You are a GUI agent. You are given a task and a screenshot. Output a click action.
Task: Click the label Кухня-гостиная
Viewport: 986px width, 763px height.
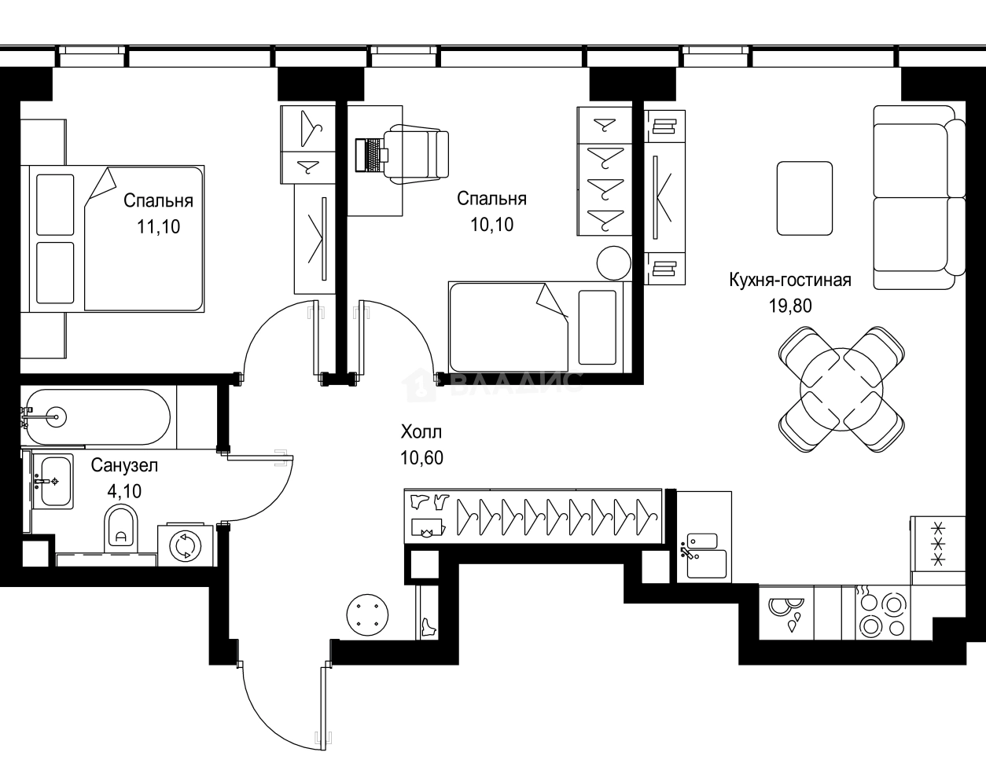[789, 281]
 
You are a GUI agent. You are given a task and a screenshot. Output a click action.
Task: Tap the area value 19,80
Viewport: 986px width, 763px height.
[789, 306]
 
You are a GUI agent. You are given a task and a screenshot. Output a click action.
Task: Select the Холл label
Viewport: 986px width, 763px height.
[421, 431]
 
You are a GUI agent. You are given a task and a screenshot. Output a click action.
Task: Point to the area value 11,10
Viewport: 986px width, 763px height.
[158, 227]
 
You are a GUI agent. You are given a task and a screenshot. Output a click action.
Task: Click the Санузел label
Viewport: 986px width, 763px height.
[124, 465]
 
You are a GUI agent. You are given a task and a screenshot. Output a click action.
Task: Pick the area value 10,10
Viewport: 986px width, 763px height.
[491, 225]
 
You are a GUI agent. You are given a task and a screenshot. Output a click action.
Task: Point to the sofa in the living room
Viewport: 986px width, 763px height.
[918, 196]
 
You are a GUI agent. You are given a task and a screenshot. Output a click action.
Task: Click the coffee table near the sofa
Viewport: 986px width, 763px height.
[804, 198]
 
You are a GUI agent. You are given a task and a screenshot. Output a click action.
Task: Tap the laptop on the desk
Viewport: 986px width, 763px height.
[368, 154]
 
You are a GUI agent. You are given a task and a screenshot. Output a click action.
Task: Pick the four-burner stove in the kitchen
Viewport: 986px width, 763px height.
[881, 614]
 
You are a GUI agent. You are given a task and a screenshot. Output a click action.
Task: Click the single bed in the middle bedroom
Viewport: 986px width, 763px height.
[535, 325]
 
